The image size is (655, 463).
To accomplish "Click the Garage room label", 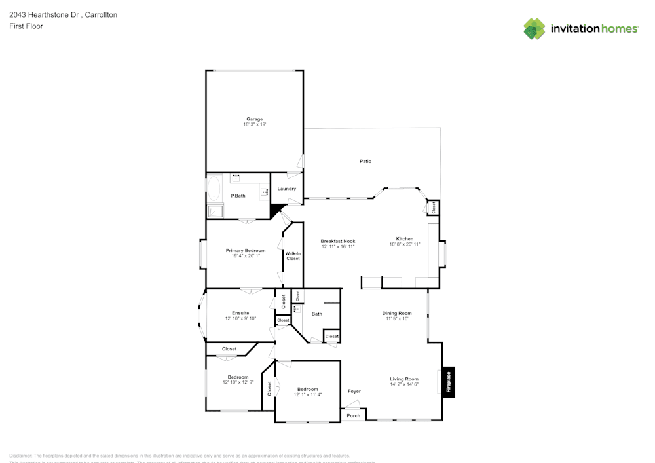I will [254, 119].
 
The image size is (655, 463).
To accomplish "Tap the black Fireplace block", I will [449, 382].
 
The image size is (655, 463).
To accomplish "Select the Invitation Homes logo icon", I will [534, 29].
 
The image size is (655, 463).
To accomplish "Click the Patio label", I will [365, 161].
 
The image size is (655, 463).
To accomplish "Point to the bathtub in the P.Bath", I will [214, 188].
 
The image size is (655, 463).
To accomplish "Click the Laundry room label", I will [286, 189].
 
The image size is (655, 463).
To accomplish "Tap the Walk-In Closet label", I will [293, 256].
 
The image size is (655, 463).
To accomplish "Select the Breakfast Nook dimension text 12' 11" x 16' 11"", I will [338, 246].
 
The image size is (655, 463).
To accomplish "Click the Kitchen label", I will [404, 238].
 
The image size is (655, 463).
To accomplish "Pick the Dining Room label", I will [397, 313].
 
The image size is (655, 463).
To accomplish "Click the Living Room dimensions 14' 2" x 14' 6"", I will [404, 384].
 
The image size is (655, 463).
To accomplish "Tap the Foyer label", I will [354, 392].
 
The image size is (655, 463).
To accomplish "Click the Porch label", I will [353, 415].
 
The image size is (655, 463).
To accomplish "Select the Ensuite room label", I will [240, 313].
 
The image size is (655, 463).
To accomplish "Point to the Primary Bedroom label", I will [246, 250].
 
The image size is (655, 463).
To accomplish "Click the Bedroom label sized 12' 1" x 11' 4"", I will [307, 389].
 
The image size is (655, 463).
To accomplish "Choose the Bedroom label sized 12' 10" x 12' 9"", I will [238, 377].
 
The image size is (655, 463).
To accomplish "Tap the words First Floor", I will [26, 26].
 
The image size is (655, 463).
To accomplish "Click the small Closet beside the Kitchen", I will [433, 208].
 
